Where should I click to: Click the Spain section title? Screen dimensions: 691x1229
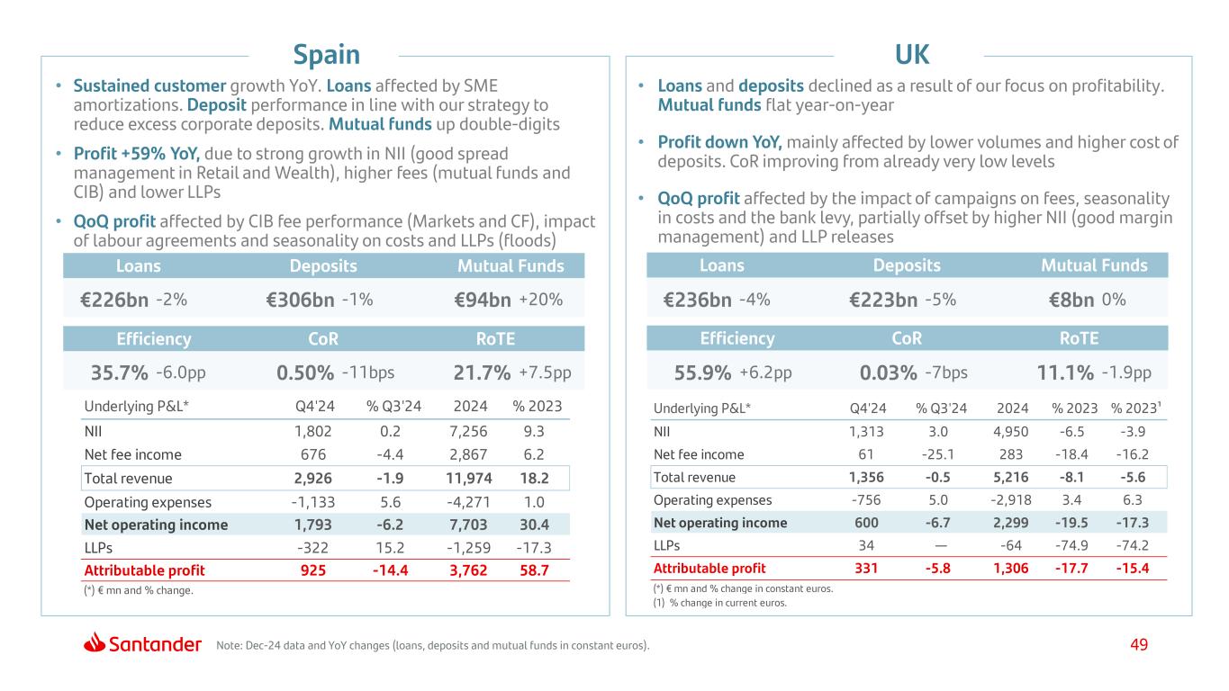327,55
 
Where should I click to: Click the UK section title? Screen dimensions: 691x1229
911,55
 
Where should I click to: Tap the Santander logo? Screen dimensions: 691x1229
143,643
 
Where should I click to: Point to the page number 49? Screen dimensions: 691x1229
1139,644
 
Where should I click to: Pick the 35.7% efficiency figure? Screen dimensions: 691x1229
120,372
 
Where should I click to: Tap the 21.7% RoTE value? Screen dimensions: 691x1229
483,372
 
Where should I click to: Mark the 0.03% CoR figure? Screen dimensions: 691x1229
888,372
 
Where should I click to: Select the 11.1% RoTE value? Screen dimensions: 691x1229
1065,372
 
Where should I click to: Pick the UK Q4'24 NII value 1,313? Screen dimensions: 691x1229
865,431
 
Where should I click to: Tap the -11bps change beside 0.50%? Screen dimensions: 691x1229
368,372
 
